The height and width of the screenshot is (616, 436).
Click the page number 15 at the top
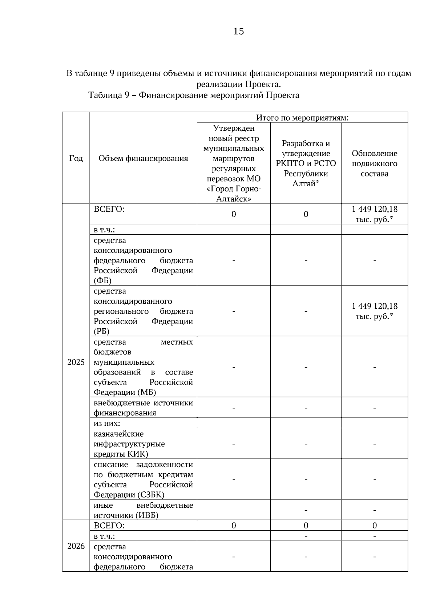point(238,32)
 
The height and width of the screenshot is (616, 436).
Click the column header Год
point(76,158)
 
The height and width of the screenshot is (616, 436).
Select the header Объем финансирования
point(143,158)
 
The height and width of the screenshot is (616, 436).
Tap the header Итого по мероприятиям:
point(302,118)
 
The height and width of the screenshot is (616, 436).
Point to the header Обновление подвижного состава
point(374,163)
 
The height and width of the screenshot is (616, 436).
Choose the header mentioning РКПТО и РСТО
point(306,163)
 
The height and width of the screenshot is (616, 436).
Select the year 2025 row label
point(76,362)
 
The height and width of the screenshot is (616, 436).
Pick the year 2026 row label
point(76,546)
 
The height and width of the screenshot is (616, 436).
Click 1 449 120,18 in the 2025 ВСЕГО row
point(374,209)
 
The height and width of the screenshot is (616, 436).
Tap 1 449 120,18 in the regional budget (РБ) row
point(374,306)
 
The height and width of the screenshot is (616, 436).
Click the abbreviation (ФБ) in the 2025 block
point(102,281)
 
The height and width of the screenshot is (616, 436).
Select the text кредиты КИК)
point(121,454)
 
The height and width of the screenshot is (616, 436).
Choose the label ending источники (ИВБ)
point(126,515)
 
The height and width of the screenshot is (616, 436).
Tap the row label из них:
point(107,423)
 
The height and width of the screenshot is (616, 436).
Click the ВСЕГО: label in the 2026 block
point(109,526)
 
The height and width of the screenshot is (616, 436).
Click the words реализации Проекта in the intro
point(238,85)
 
